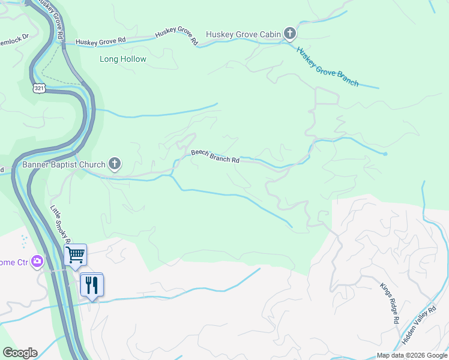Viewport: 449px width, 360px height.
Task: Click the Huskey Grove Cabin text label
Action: point(243,34)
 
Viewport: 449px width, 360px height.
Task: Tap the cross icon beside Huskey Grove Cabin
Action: point(290,34)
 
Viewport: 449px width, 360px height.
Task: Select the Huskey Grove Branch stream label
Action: point(327,67)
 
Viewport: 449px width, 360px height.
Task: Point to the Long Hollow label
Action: point(122,59)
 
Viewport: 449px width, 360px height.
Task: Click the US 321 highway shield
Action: point(38,88)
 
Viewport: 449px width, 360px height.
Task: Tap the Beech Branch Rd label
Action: point(215,157)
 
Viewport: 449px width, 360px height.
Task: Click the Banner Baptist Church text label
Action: point(64,164)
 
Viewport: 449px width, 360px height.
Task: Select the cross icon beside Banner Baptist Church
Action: point(115,164)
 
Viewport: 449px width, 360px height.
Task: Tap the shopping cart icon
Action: point(76,254)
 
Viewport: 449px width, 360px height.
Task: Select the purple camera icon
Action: point(38,262)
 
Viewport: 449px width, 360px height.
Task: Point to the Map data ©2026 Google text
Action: point(411,355)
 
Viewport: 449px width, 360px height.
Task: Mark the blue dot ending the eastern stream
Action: point(385,154)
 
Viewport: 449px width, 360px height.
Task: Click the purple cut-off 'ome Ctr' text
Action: point(14,262)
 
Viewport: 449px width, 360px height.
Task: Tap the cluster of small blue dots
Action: point(24,241)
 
